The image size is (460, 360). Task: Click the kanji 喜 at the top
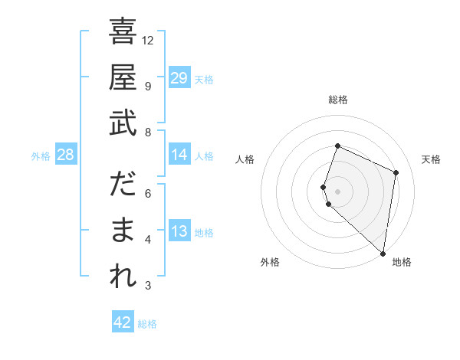point(123,32)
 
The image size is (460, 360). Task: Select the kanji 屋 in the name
point(123,77)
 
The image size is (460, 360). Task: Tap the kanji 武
point(123,123)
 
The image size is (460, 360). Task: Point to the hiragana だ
point(123,185)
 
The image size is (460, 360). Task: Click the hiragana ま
point(123,231)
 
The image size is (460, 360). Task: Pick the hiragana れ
point(123,277)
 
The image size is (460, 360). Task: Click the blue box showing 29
point(179,78)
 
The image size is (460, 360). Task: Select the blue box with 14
point(179,155)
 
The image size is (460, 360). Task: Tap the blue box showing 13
point(179,231)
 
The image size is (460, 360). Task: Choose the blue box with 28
point(65,155)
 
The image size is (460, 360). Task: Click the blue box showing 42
point(122,322)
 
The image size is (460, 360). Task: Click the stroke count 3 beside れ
point(148,286)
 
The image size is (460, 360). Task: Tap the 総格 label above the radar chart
point(337,100)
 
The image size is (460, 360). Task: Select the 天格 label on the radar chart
point(431,159)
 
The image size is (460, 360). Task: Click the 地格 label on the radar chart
point(402,262)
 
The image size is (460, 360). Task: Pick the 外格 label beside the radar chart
point(270,262)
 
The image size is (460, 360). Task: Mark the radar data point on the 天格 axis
point(396,172)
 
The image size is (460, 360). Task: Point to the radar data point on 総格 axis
point(337,146)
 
